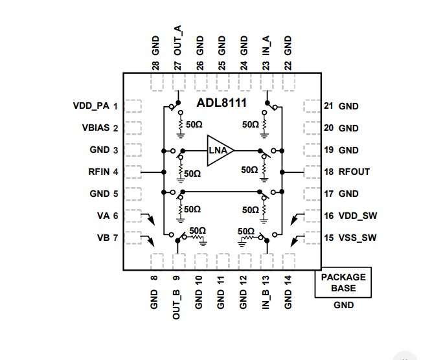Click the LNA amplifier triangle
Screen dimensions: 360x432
218,151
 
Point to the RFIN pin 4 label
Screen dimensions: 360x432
100,172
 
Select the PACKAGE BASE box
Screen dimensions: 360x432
343,282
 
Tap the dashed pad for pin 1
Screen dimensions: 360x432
133,106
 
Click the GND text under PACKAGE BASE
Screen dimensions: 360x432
343,305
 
